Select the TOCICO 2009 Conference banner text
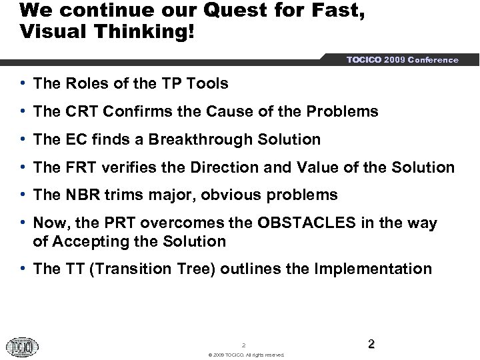pos(402,60)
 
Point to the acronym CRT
pos(81,111)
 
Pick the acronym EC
pos(75,139)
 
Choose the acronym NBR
pos(81,195)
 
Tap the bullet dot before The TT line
pos(23,269)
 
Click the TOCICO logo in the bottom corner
pos(23,347)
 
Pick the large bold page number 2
pos(371,344)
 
